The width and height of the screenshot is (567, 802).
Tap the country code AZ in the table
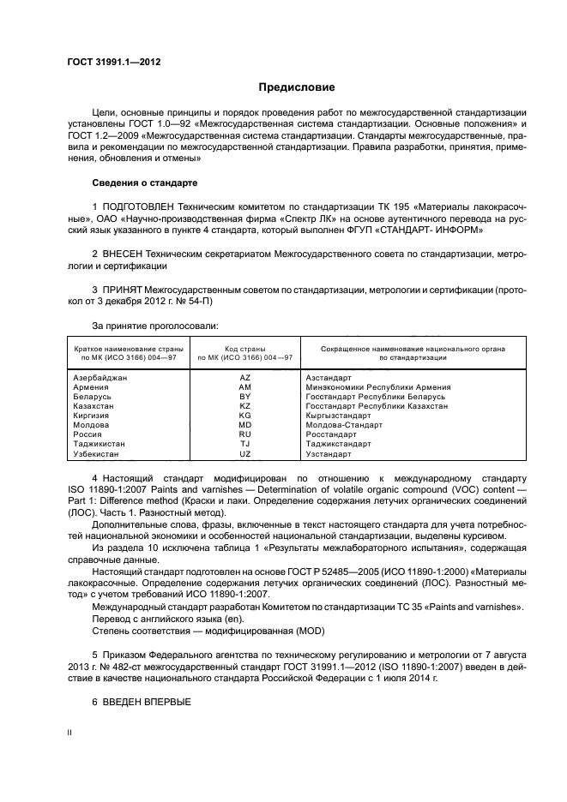[x=244, y=377]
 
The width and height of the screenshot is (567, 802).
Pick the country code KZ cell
[x=244, y=405]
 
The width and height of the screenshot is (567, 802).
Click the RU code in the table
[x=244, y=434]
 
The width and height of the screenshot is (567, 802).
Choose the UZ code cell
[x=244, y=453]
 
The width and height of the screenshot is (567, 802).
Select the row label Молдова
[x=91, y=425]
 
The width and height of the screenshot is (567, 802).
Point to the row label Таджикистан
[x=100, y=444]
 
